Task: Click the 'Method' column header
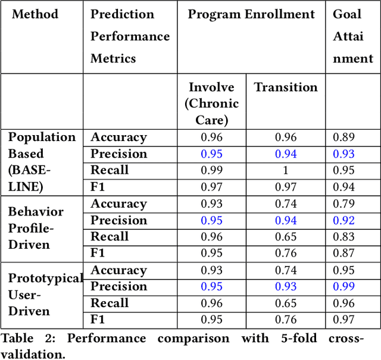pos(35,14)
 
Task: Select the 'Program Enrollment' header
pos(251,14)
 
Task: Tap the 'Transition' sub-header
pos(286,87)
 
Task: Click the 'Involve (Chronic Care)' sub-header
pos(211,104)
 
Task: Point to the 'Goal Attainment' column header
pos(353,36)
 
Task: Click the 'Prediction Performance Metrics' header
pos(130,36)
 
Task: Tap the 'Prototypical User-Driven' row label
pos(45,295)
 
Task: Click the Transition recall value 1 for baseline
pos(286,170)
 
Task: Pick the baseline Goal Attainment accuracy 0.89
pos(343,137)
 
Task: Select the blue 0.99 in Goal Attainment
pos(343,287)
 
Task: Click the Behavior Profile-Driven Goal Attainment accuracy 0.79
pos(343,204)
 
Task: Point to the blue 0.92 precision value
pos(343,220)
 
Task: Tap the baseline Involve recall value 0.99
pos(211,170)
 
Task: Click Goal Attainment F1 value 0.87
pos(343,253)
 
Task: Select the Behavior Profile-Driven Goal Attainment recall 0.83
pos(343,237)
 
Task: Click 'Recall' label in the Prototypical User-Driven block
pos(110,303)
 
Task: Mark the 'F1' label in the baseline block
pos(98,187)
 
